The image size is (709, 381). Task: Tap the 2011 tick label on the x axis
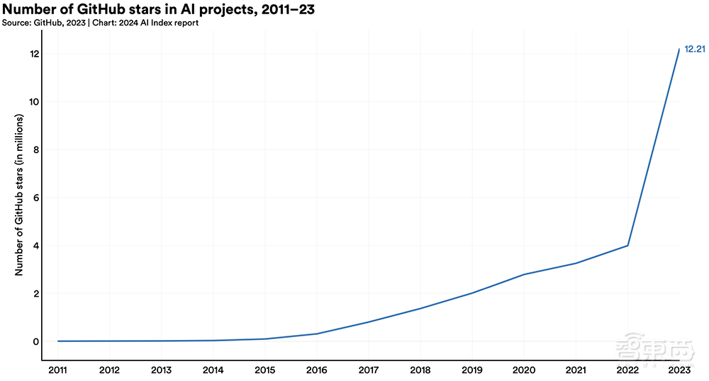click(57, 370)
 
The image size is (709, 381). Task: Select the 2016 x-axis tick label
click(317, 370)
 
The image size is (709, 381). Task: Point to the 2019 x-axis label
click(472, 370)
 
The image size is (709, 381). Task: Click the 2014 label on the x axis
click(213, 370)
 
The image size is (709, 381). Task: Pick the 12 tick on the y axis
click(33, 55)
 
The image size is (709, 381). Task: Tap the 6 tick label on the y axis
click(35, 198)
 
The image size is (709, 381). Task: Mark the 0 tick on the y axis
click(35, 341)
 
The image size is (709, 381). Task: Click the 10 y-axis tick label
click(33, 102)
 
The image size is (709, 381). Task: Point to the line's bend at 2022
click(628, 246)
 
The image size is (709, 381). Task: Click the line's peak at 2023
click(680, 49)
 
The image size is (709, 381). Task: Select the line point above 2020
click(525, 274)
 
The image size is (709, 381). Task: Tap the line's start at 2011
click(57, 341)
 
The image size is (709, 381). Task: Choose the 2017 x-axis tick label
click(369, 370)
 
